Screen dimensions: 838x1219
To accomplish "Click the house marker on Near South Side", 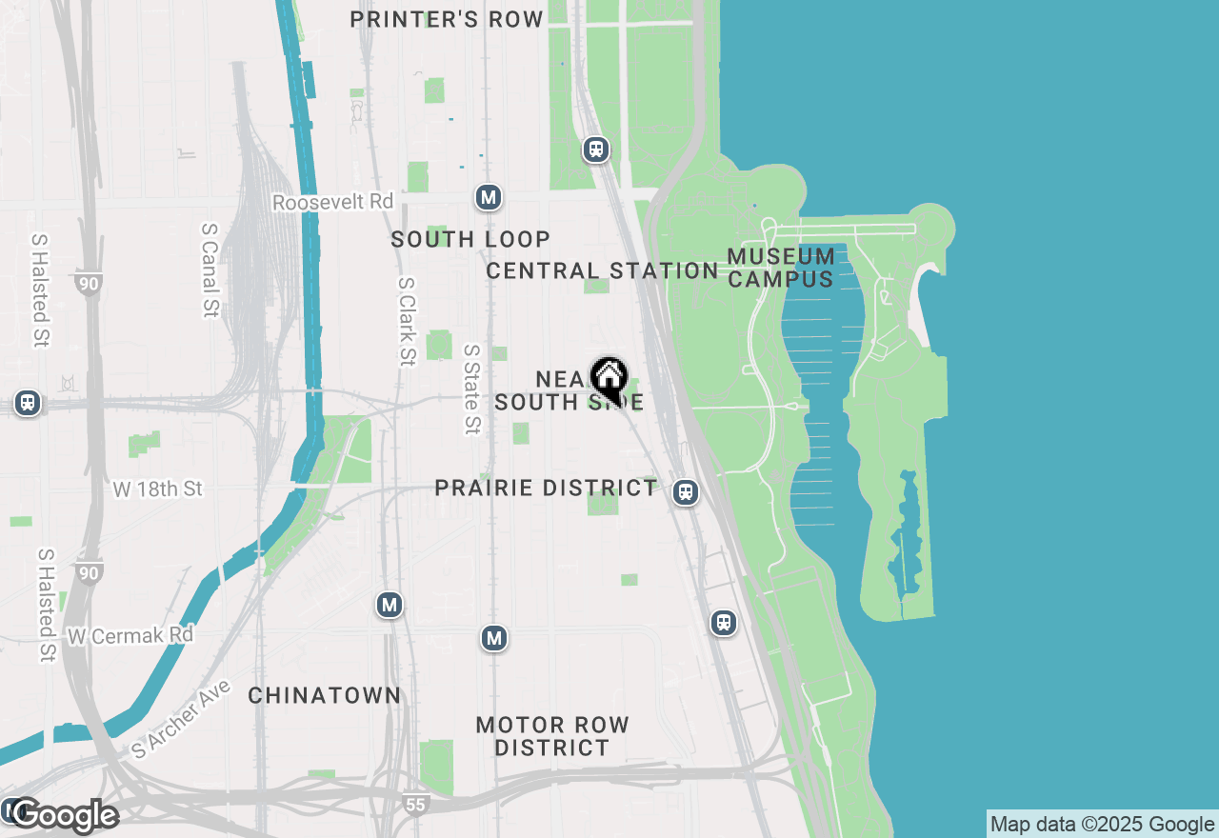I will (x=609, y=377).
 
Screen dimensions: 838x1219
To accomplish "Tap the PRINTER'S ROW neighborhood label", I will (x=447, y=19).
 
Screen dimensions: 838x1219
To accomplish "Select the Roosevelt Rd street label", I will (x=332, y=202).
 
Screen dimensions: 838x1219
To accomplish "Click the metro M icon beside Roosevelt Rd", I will (x=489, y=197).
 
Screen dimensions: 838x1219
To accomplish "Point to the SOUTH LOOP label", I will (x=470, y=239).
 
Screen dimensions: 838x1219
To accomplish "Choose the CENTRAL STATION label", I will (x=602, y=270).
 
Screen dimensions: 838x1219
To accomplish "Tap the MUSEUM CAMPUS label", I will (x=781, y=268).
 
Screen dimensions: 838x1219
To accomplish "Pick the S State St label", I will (x=471, y=389).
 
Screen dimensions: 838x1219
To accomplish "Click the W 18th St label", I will (x=158, y=489).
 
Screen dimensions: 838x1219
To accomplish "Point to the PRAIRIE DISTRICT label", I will (x=546, y=489).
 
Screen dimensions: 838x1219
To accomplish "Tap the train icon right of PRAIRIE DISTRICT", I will (x=685, y=492).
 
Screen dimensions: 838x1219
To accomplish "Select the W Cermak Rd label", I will (x=130, y=634).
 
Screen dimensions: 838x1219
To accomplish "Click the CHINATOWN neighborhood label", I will (x=325, y=695).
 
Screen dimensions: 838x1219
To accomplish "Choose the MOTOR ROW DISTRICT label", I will (x=552, y=736).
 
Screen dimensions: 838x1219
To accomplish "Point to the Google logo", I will (x=65, y=815).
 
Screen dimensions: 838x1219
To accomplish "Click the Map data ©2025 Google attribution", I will (x=1103, y=825).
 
